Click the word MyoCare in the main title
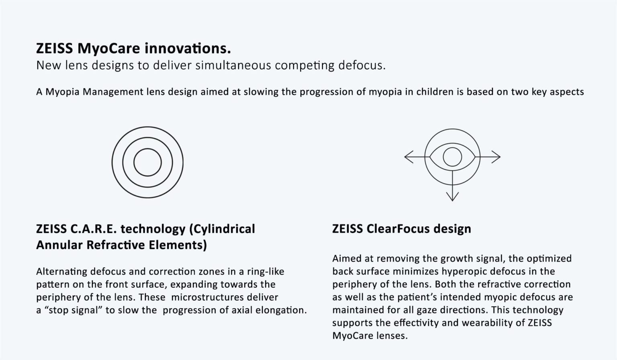[x=109, y=49]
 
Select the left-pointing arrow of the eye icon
[x=417, y=157]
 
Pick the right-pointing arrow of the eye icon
[x=488, y=157]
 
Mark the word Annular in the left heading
[x=59, y=245]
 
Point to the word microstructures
[x=207, y=297]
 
